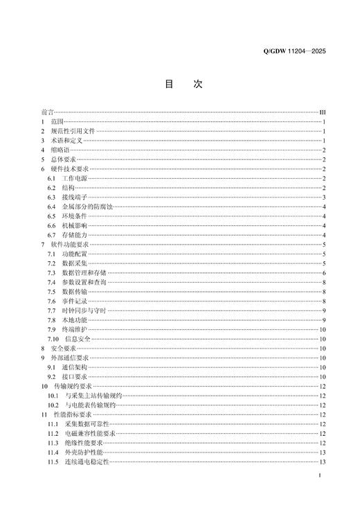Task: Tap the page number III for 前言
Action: pyautogui.click(x=323, y=112)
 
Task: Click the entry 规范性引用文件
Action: pyautogui.click(x=72, y=131)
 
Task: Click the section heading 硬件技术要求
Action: pyautogui.click(x=70, y=169)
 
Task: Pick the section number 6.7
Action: pyautogui.click(x=52, y=236)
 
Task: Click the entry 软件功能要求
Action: pyautogui.click(x=70, y=245)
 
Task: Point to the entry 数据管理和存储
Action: pyautogui.click(x=84, y=274)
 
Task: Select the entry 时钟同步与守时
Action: pyautogui.click(x=84, y=312)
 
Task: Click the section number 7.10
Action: pyautogui.click(x=53, y=339)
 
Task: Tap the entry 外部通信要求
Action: pyautogui.click(x=70, y=358)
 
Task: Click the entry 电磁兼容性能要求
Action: pyautogui.click(x=91, y=433)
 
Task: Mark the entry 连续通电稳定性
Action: pyautogui.click(x=88, y=461)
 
